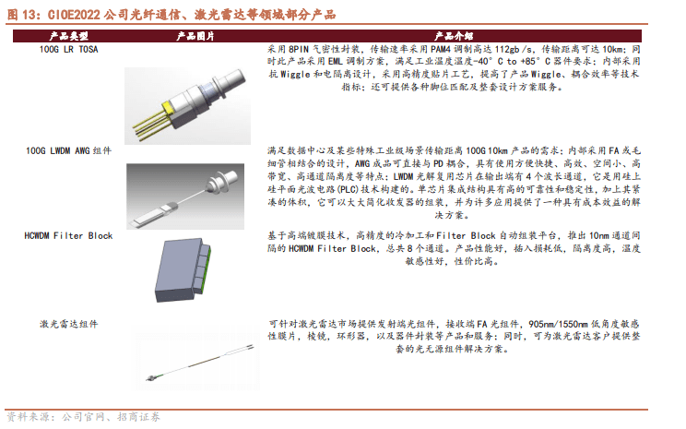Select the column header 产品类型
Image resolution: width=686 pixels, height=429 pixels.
[56, 34]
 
